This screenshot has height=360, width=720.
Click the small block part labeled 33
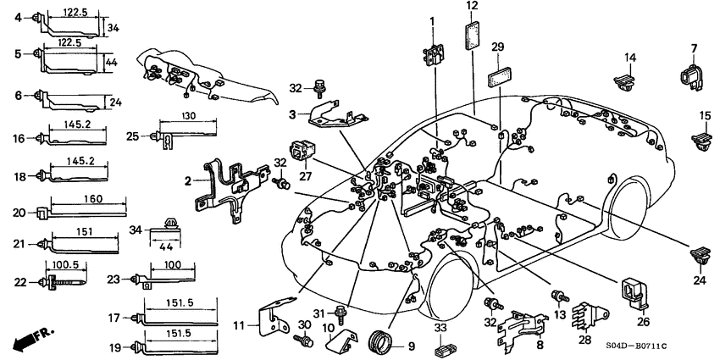[440, 347]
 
